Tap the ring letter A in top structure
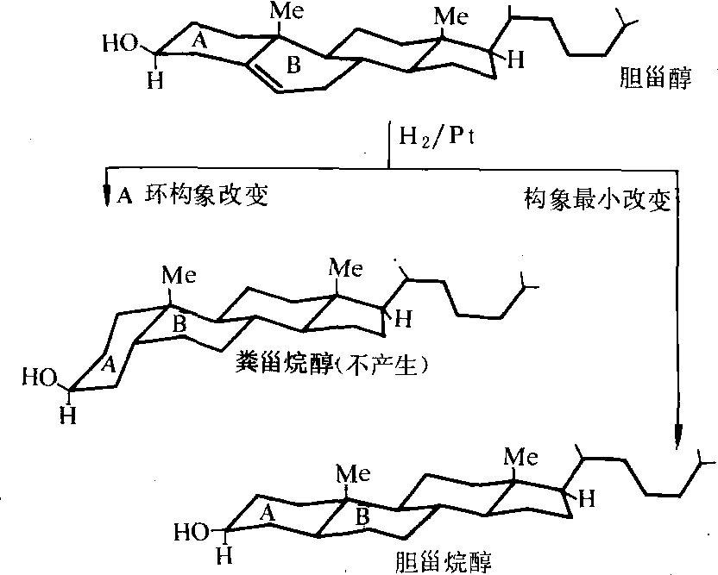(199, 41)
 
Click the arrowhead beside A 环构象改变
(106, 197)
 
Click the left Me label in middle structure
(179, 276)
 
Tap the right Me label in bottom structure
(521, 454)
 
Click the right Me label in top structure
(449, 16)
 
